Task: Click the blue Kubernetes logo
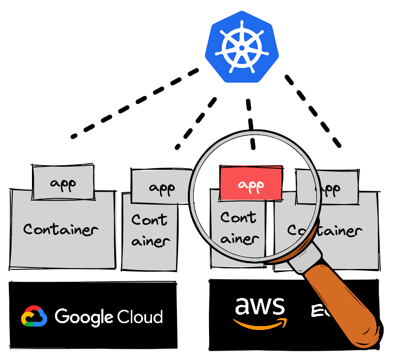[x=242, y=47]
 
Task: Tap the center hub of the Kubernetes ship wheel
[x=242, y=48]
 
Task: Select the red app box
[x=251, y=184]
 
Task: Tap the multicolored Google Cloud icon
[x=34, y=317]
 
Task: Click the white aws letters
[x=260, y=306]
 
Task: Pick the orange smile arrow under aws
[x=260, y=323]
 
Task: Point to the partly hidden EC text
[x=319, y=311]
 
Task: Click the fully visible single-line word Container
[x=61, y=229]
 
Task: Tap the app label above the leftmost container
[x=63, y=183]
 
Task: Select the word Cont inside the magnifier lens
[x=239, y=217]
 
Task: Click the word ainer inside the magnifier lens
[x=240, y=239]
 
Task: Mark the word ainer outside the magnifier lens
[x=151, y=241]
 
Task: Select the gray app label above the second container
[x=162, y=188]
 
